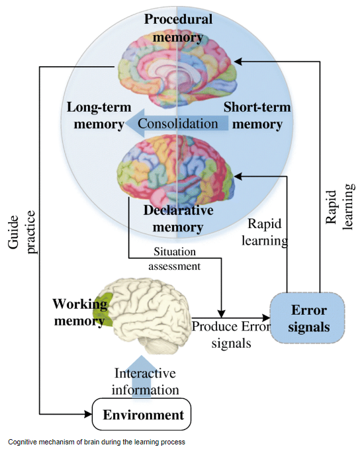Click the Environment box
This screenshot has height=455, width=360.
[142, 414]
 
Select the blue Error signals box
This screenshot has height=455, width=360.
[308, 318]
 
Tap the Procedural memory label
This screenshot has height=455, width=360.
[178, 28]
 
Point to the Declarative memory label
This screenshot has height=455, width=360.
[178, 218]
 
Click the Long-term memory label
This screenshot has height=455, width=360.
[99, 116]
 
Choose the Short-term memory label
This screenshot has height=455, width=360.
[257, 116]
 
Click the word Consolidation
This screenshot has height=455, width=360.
[177, 124]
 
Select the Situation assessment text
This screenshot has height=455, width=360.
[175, 259]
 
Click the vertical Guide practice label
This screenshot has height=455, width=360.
[21, 232]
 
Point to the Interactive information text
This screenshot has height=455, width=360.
[145, 382]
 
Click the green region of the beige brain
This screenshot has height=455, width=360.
[102, 310]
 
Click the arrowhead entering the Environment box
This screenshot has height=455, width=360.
[88, 414]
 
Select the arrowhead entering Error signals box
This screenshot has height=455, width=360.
[266, 318]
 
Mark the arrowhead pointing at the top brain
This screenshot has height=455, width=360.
[238, 62]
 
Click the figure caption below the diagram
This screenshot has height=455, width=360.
[97, 442]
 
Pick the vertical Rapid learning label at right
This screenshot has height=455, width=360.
[339, 207]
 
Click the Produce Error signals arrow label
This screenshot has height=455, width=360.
[231, 335]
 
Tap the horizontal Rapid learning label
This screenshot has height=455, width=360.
[265, 232]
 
